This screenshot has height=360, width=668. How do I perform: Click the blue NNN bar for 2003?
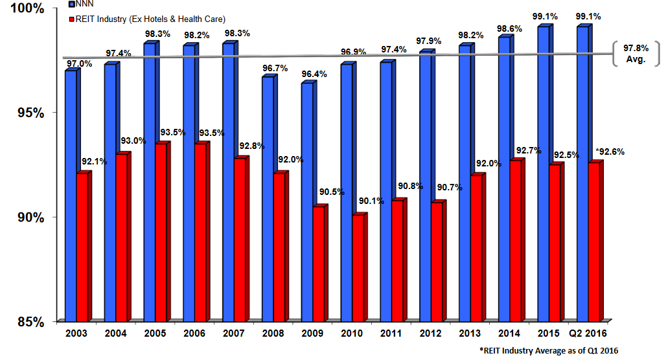pyautogui.click(x=71, y=194)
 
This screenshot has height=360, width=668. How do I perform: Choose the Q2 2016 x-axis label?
pyautogui.click(x=588, y=333)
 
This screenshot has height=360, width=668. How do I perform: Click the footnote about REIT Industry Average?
pyautogui.click(x=549, y=350)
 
